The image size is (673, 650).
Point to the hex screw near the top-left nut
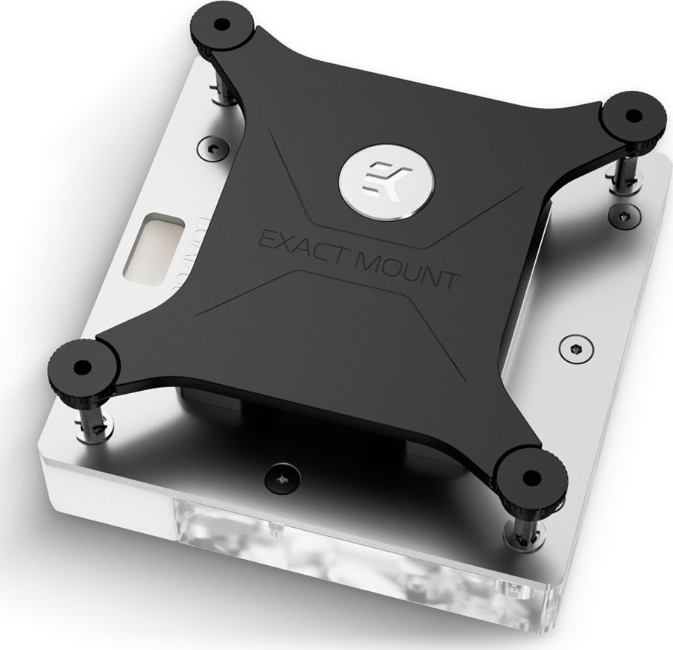click(x=210, y=148)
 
